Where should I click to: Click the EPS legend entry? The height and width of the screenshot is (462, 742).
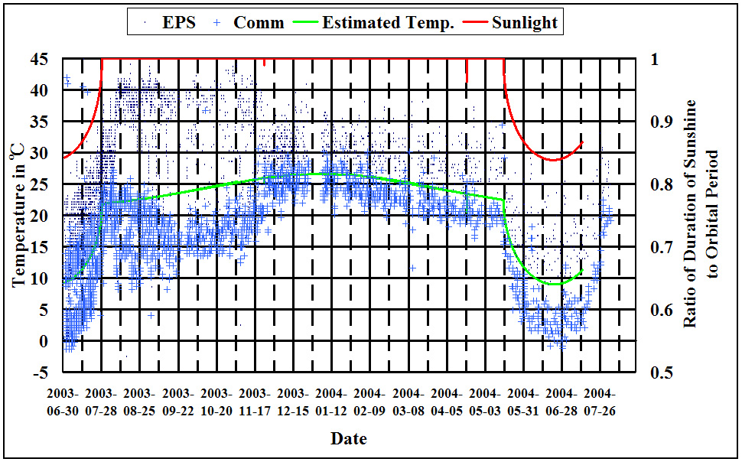click(x=177, y=22)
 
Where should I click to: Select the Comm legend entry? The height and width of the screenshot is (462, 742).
click(x=259, y=22)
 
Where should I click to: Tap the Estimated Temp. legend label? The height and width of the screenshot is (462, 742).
click(x=389, y=22)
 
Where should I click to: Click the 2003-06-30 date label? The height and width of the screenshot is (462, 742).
click(x=63, y=402)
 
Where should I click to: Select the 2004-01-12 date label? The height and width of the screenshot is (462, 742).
click(x=330, y=402)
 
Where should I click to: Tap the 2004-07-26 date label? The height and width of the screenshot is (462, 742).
click(x=599, y=402)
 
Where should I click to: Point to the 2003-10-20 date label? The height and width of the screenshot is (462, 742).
click(x=216, y=402)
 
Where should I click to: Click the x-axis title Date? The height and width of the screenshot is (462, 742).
click(x=348, y=439)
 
